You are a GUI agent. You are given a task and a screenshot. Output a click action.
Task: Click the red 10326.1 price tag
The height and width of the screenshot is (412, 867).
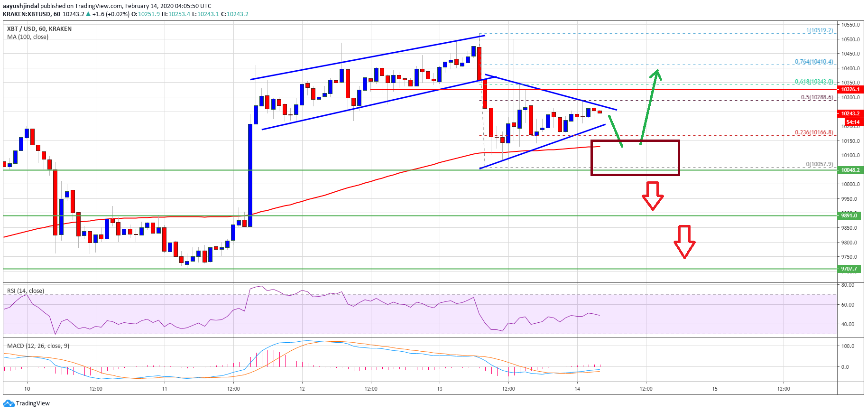tap(850, 89)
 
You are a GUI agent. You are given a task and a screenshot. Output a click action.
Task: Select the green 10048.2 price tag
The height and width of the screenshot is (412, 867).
tap(850, 170)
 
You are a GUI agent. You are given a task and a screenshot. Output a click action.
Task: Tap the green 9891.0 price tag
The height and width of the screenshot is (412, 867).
tap(849, 215)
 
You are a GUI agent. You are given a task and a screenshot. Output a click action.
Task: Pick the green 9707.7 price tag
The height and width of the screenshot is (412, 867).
tap(849, 269)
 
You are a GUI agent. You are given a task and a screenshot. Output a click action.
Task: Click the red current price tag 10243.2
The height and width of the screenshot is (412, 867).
tap(850, 113)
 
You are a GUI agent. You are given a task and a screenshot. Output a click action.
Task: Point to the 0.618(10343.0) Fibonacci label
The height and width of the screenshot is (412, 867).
tap(814, 82)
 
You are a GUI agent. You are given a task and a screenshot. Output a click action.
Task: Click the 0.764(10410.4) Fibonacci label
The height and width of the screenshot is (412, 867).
tap(814, 62)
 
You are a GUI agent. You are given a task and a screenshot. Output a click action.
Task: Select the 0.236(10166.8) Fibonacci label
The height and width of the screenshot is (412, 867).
tap(814, 132)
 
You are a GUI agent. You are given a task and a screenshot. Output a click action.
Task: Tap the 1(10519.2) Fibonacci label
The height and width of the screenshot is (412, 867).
tap(820, 30)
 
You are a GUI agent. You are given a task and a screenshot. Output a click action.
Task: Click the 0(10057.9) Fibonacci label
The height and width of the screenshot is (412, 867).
tap(820, 164)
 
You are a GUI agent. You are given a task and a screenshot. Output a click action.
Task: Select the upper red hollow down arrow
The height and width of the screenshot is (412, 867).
tap(653, 196)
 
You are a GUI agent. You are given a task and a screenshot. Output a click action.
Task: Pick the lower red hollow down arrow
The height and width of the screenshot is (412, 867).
tap(684, 242)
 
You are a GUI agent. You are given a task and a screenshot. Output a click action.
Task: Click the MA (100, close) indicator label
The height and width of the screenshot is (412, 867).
tap(28, 37)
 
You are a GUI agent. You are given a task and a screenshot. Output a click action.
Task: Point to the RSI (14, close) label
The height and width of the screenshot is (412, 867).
tap(26, 291)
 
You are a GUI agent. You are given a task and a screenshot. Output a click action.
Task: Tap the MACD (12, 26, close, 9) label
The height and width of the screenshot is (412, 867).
tap(38, 346)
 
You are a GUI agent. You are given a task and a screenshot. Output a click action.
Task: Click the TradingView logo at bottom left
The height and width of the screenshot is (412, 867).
tap(26, 403)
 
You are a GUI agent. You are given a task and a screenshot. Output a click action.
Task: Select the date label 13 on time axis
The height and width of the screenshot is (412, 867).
tap(440, 389)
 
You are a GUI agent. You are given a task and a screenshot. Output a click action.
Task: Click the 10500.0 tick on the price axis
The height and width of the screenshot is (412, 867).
tap(850, 39)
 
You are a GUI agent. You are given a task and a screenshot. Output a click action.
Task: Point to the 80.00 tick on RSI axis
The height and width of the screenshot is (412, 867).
tap(848, 285)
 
